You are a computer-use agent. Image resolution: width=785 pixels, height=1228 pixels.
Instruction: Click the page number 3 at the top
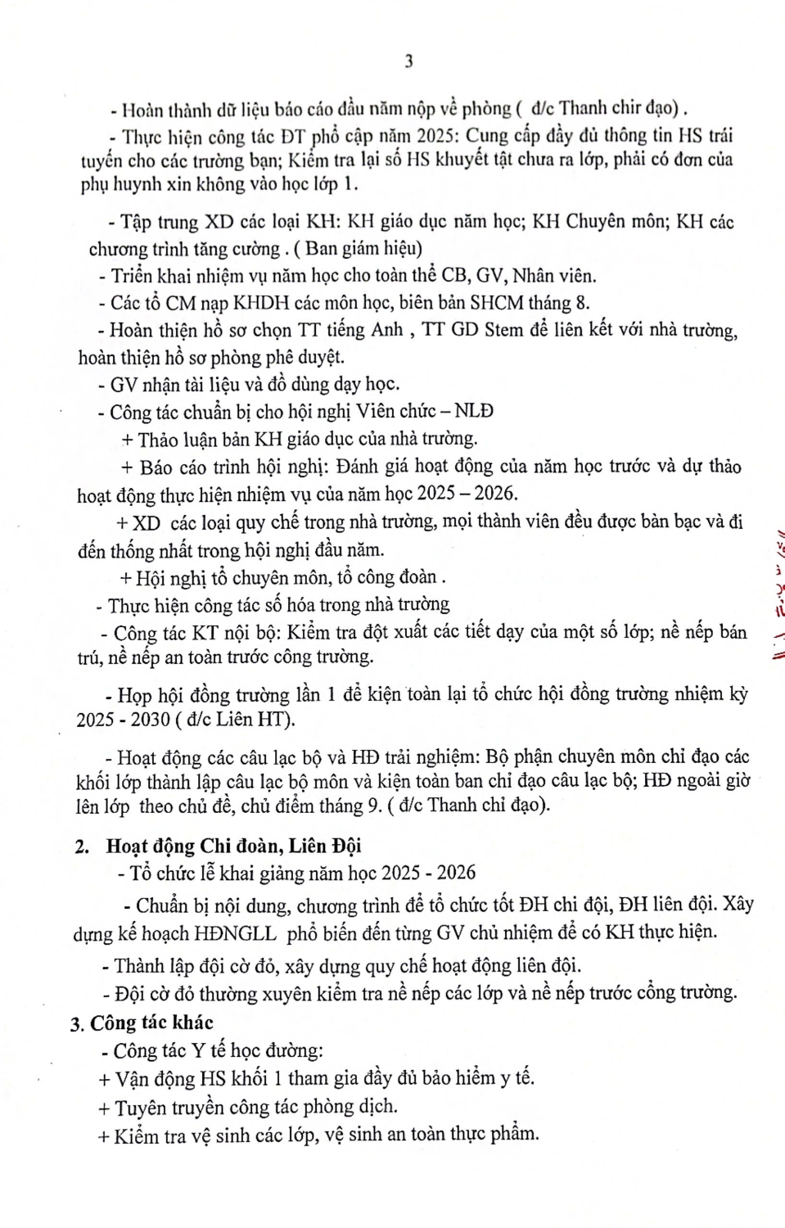pos(408,61)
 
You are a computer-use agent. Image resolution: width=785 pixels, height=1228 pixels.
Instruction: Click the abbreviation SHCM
pos(497,303)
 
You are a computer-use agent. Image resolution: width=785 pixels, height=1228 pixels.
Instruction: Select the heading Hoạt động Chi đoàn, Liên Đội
pos(233,846)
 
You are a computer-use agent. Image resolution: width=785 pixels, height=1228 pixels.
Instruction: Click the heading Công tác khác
pos(151,1023)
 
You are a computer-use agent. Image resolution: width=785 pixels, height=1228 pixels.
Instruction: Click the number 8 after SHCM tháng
pos(582,303)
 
